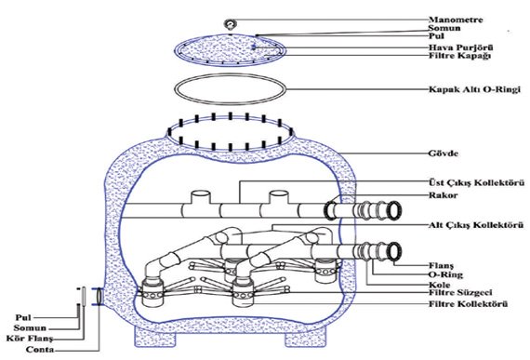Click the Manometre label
(x=456, y=20)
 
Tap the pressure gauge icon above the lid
(x=231, y=25)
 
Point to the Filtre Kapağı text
(x=459, y=56)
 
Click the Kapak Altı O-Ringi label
(x=474, y=89)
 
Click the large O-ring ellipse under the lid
(x=231, y=75)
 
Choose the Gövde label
(x=444, y=153)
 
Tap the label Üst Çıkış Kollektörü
(x=477, y=182)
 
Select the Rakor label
(x=444, y=195)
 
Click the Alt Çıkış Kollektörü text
(x=476, y=225)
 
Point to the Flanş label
(x=441, y=266)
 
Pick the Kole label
(x=440, y=285)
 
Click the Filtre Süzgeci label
(x=460, y=292)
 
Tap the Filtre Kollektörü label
(x=468, y=304)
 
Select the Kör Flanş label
(x=30, y=339)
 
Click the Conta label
(x=40, y=350)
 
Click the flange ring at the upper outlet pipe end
(x=393, y=209)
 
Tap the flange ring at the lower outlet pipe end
(x=393, y=251)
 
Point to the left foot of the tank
(x=155, y=337)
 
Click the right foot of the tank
(x=306, y=338)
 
